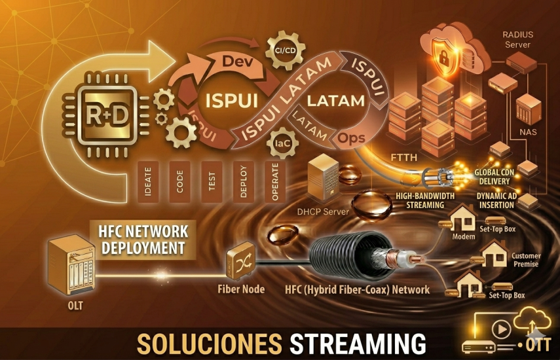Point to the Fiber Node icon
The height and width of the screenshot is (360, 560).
coord(240,264)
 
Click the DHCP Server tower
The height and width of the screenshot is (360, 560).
coord(327,177)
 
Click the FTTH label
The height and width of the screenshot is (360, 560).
coord(401,157)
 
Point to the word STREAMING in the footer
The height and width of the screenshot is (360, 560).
coord(358,343)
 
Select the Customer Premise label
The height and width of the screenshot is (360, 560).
coord(525,260)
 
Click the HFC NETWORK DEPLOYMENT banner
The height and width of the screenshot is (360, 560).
coord(142,240)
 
